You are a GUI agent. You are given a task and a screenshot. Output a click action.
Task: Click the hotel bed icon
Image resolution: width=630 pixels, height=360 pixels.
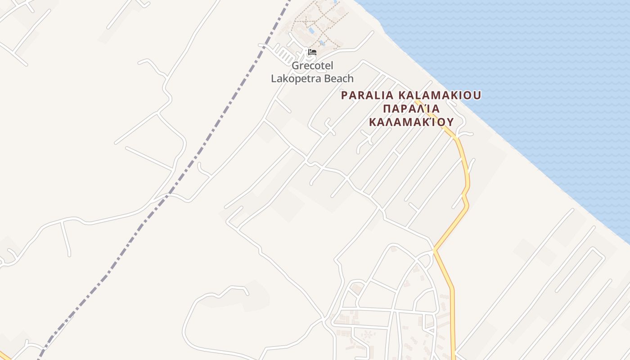point(312,52)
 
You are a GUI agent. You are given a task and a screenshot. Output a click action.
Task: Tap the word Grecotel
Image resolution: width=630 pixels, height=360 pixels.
point(312,66)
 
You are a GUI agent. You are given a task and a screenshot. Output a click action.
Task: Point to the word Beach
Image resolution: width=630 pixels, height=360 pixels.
point(338,79)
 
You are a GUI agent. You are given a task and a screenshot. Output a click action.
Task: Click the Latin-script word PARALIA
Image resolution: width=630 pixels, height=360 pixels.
point(367,95)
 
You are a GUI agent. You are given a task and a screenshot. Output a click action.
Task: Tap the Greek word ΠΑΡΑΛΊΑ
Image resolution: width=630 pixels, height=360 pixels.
point(411,109)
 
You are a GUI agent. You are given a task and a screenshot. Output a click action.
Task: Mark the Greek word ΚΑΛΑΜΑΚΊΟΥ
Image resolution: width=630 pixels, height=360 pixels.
point(411,122)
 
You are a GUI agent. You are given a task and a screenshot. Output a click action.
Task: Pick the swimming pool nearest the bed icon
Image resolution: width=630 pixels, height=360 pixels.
point(322,43)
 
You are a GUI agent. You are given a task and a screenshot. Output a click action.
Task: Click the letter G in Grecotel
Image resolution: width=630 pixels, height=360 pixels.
point(296,66)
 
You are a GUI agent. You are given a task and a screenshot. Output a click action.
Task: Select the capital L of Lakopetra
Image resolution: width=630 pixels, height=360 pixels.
point(273,79)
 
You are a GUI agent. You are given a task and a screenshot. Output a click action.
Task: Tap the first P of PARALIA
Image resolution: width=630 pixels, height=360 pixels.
point(345,95)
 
